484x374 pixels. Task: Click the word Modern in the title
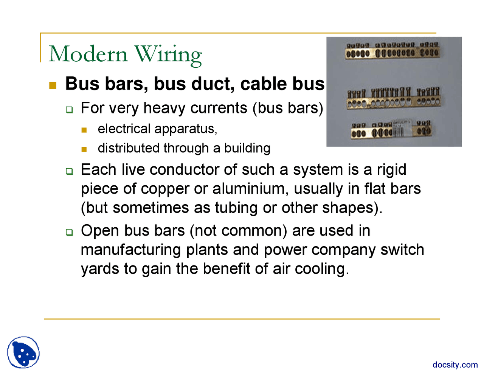88,54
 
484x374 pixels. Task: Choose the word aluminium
248,189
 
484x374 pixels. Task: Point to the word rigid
391,170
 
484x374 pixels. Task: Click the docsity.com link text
455,365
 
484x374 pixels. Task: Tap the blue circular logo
23,352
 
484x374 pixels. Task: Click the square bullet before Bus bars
53,85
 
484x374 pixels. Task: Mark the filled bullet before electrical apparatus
84,130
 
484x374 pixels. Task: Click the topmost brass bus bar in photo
392,50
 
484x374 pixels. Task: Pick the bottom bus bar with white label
391,130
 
